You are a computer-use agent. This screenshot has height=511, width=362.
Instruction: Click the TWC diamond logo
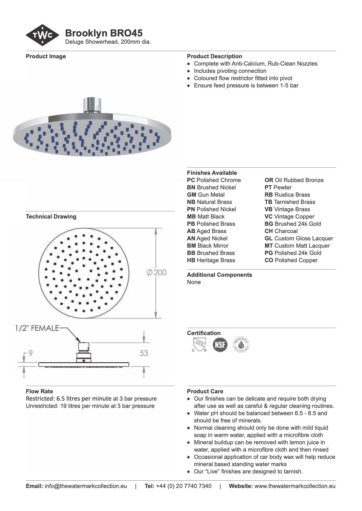[x=43, y=35]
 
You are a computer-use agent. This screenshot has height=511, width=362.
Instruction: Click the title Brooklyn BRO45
[x=104, y=33]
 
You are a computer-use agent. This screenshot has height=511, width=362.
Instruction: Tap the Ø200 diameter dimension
[x=156, y=273]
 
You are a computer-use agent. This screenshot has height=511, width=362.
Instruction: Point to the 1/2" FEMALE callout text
[x=37, y=328]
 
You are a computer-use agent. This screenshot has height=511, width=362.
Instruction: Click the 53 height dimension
[x=144, y=353]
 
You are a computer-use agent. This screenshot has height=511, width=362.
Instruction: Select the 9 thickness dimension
[x=31, y=353]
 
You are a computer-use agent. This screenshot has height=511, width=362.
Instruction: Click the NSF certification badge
[x=220, y=345]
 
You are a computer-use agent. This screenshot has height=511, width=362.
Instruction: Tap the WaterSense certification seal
[x=241, y=345]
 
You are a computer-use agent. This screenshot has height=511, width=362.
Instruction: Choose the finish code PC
[x=191, y=180]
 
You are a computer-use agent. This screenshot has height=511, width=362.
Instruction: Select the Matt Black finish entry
[x=206, y=217]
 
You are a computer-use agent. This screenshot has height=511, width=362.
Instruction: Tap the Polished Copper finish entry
[x=291, y=260]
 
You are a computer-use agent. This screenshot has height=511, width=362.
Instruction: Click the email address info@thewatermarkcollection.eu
[x=86, y=486]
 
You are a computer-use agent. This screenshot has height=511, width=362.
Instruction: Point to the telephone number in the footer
[x=184, y=486]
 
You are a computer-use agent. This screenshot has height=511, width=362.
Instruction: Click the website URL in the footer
[x=295, y=486]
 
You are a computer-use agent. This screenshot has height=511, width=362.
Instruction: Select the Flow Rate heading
[x=39, y=391]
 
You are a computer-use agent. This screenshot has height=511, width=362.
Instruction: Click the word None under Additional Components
[x=194, y=282]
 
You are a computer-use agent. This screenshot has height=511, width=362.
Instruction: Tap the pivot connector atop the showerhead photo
[x=92, y=105]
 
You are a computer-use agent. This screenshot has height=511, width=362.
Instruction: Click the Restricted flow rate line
[x=91, y=399]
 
